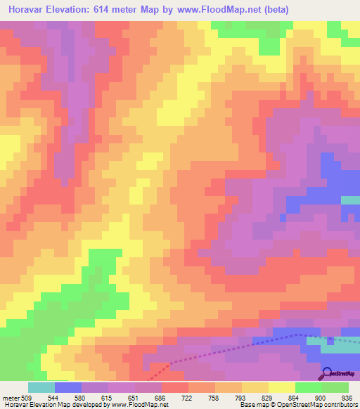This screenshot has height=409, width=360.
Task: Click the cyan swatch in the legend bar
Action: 41,387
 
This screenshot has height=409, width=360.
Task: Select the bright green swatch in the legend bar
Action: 309,387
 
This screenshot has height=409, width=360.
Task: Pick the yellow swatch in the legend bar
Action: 282,387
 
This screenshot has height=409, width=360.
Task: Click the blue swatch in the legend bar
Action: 68,387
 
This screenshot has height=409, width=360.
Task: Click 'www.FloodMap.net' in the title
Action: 214,11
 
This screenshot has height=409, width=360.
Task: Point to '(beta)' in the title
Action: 275,11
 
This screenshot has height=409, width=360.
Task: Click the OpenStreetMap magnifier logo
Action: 327,373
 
